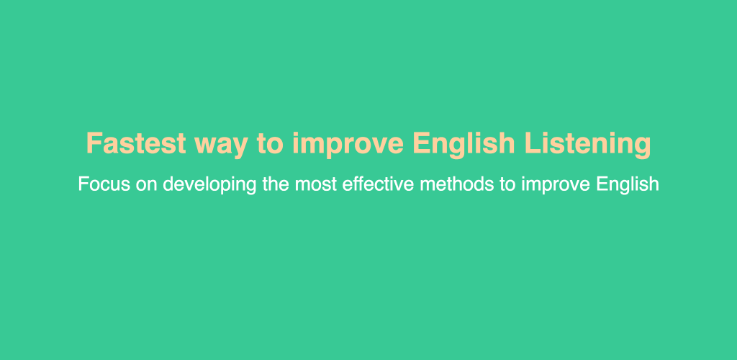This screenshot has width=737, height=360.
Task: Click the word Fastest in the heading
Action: (x=136, y=143)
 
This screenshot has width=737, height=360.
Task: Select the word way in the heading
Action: (x=220, y=146)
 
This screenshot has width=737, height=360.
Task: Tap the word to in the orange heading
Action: (x=270, y=144)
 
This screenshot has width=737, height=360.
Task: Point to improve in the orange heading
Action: (x=348, y=145)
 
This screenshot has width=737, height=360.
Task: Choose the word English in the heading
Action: (x=464, y=145)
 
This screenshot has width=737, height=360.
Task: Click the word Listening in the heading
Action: (x=587, y=145)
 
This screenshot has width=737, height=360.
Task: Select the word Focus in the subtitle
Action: (x=104, y=184)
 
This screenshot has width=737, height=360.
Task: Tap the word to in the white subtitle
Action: (x=507, y=185)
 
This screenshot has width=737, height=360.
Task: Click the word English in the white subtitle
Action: (x=628, y=185)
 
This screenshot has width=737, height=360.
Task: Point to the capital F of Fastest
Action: (x=94, y=143)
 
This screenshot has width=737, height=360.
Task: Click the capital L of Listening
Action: (x=532, y=143)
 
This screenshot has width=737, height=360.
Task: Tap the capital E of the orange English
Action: (x=420, y=143)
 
